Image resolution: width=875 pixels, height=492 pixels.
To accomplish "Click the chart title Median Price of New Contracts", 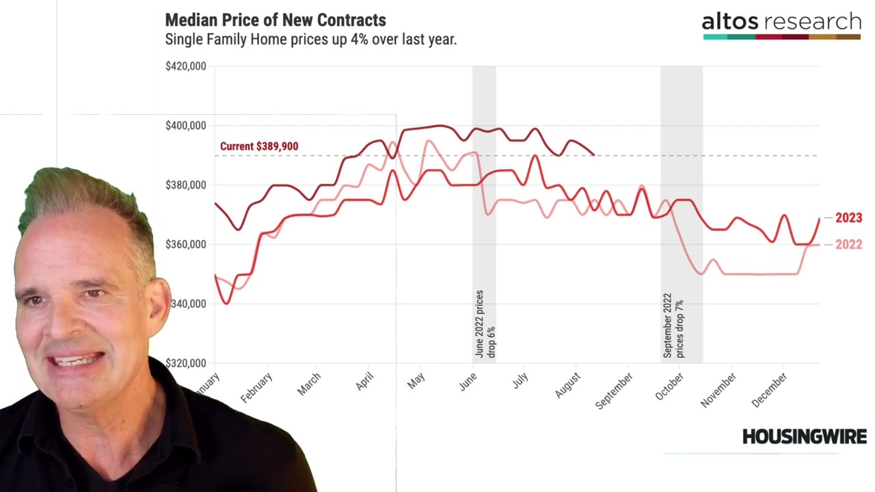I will [275, 20].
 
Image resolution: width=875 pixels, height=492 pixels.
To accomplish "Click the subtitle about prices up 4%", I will [310, 40].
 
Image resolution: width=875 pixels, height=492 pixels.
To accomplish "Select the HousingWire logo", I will [804, 437].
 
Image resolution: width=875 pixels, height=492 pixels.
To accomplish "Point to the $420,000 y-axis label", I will [185, 66].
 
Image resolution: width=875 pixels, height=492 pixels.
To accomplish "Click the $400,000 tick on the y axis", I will [185, 126].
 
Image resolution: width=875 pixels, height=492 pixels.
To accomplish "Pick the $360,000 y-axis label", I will [185, 245].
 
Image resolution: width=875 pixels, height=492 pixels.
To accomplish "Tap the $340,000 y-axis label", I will [185, 303].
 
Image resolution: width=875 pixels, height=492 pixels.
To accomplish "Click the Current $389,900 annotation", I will [259, 146].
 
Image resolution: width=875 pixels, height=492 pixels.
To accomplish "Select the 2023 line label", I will [848, 218].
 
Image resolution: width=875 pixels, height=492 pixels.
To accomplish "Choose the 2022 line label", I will [848, 245].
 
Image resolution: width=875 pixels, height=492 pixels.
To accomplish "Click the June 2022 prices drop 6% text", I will [485, 325].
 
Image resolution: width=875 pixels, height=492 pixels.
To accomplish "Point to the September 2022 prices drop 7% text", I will [673, 327].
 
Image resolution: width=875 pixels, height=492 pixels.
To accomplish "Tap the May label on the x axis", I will [416, 381].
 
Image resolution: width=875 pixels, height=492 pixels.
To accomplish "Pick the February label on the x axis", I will [256, 387].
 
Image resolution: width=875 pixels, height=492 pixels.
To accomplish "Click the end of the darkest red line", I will [593, 155].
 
